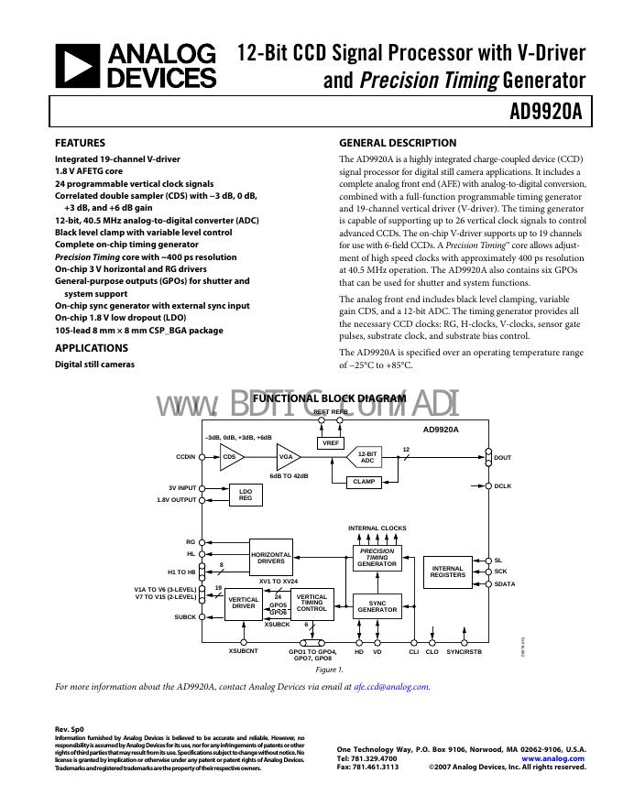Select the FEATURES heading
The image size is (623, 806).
(x=80, y=143)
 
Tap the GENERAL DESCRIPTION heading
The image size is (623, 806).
(x=398, y=143)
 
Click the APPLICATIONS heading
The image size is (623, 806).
(x=93, y=348)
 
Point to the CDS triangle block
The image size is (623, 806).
(x=230, y=456)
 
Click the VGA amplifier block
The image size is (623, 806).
(x=287, y=456)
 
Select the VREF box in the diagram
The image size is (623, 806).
(x=331, y=442)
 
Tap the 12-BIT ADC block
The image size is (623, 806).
(x=366, y=457)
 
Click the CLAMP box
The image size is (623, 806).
(x=365, y=482)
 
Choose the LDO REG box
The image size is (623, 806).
(x=246, y=495)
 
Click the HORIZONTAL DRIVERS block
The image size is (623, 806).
(x=271, y=557)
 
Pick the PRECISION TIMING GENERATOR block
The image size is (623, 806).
(x=377, y=558)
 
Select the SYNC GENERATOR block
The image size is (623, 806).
(x=377, y=606)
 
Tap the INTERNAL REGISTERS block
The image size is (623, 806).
(x=447, y=572)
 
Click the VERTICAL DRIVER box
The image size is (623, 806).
(x=244, y=603)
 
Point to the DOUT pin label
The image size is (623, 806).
(x=503, y=457)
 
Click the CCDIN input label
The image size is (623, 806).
(x=186, y=456)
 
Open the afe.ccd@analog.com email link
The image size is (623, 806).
(x=391, y=686)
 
